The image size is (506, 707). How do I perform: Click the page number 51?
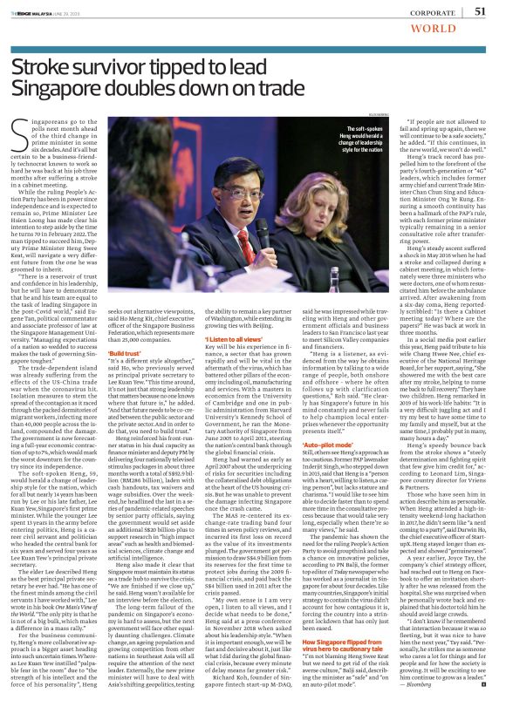click(x=479, y=10)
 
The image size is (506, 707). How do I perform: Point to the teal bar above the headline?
click(x=253, y=45)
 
